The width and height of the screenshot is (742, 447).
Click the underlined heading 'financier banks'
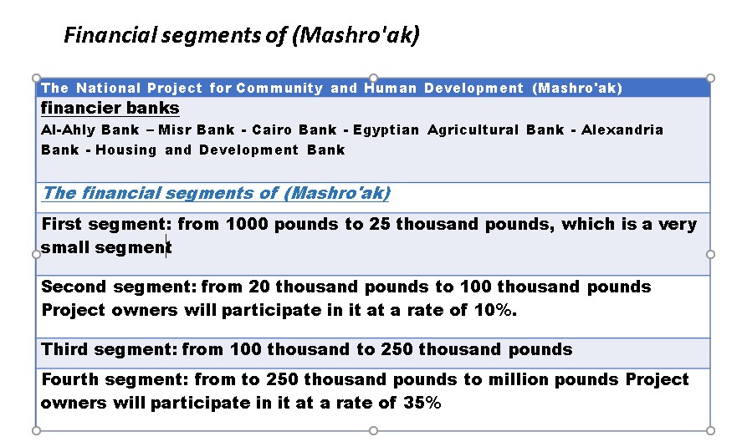tap(110, 109)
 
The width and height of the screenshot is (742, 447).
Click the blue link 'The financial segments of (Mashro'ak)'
tap(217, 193)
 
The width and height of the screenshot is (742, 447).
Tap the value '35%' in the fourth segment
tap(422, 403)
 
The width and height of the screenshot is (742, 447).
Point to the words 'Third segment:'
tap(110, 349)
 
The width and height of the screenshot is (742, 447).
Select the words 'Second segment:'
tap(119, 287)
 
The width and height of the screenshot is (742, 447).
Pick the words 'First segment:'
tap(106, 224)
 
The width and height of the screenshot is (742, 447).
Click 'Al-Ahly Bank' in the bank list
tap(90, 130)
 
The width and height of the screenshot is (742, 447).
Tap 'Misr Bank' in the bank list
tap(197, 130)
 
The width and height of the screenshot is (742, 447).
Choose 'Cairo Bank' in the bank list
tap(294, 130)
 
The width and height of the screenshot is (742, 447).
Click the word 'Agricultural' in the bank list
tap(473, 130)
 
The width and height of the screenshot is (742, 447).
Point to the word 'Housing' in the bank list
tap(125, 150)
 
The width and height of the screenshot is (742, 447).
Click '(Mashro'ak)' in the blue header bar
tap(577, 88)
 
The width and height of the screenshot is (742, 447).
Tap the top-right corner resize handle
tap(710, 78)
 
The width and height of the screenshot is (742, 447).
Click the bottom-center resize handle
tap(373, 430)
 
